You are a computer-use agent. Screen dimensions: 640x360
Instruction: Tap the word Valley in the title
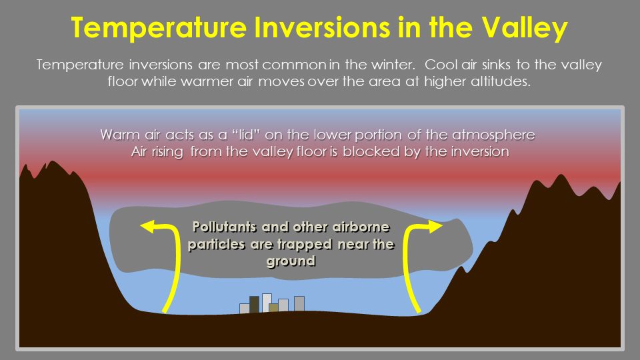(524, 29)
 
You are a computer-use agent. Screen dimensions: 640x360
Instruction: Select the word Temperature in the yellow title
(159, 29)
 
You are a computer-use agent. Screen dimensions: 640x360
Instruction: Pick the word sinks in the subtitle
(497, 65)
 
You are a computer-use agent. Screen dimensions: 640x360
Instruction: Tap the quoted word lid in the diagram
(246, 135)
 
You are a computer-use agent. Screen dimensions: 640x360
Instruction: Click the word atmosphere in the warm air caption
(493, 135)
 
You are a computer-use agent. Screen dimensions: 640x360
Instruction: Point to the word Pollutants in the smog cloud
(225, 227)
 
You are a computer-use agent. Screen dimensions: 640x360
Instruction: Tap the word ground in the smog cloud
(291, 261)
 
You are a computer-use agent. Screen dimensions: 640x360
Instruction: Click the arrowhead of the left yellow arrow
(148, 226)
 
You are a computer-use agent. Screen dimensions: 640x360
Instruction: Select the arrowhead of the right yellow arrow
(435, 226)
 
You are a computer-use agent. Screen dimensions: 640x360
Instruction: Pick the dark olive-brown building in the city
(254, 305)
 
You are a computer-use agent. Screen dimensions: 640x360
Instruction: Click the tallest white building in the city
(267, 303)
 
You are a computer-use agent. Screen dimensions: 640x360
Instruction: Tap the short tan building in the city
(273, 308)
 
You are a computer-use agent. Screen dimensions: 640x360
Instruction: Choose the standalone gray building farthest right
(299, 304)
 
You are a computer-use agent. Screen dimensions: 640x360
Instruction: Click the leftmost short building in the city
(245, 309)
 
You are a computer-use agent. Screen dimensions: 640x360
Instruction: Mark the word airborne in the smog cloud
(361, 227)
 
